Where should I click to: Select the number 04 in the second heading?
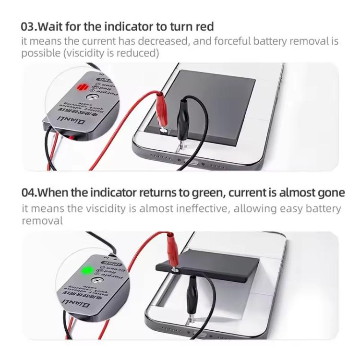click(29, 193)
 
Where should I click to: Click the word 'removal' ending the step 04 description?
click(42, 221)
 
